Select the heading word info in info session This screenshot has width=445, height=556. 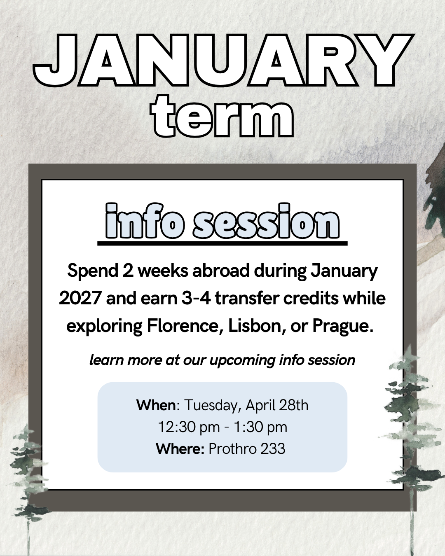coord(145,221)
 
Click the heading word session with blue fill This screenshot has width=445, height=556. coord(266,221)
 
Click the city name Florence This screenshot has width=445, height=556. coord(185,326)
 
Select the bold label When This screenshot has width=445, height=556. coord(156,405)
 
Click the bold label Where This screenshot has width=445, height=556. coord(180,449)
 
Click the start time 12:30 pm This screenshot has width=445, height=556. coord(189,428)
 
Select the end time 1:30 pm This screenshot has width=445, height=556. coord(260,428)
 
